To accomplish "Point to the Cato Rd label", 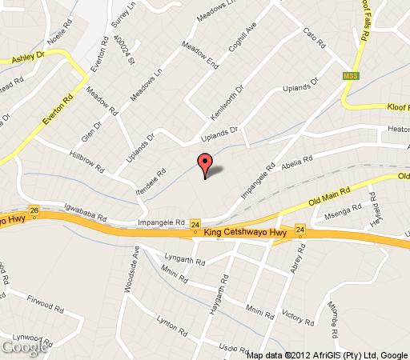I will click(x=315, y=37).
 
